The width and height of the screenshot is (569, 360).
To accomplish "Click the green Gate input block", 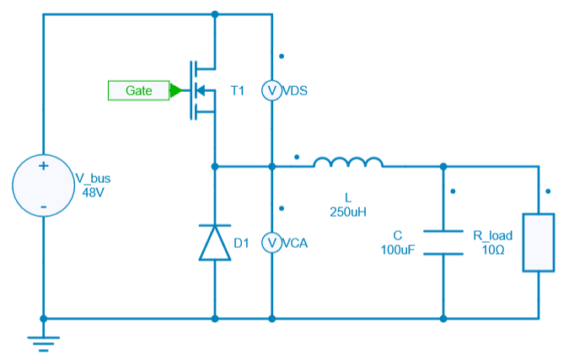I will coord(138,90).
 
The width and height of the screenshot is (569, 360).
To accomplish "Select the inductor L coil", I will coord(348,163).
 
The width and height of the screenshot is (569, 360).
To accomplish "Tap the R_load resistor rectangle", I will coord(539,242).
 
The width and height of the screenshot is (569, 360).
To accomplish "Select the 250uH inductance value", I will coord(348,211).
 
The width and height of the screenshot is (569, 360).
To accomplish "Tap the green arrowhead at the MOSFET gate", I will coord(175,90).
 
